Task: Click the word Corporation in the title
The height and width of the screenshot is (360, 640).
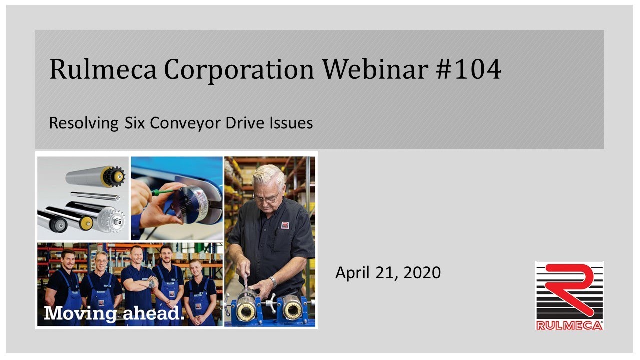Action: click(x=239, y=70)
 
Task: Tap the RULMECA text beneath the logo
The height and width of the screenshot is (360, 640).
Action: click(x=569, y=325)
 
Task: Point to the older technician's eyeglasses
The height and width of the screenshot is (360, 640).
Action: click(x=267, y=198)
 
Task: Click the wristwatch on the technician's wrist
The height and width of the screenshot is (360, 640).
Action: click(x=273, y=281)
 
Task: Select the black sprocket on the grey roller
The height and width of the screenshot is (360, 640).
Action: click(x=113, y=176)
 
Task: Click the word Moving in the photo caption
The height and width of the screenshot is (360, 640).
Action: click(x=79, y=314)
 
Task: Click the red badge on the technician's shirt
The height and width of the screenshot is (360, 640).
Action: click(x=285, y=225)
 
